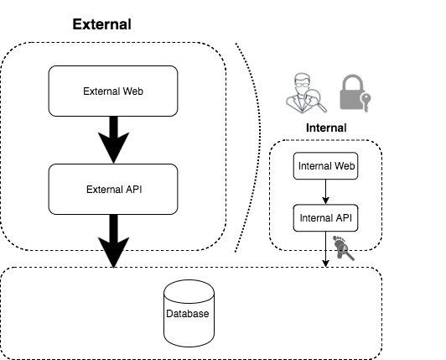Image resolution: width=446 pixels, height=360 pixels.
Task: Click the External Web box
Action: point(112,91)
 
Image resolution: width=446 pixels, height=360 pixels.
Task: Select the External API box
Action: point(112,188)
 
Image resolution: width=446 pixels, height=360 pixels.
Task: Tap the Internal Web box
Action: point(325,166)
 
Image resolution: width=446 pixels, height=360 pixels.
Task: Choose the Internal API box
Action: point(325,218)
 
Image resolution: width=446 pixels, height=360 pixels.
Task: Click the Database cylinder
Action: point(189,314)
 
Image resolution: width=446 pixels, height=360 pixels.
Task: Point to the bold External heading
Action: point(101,24)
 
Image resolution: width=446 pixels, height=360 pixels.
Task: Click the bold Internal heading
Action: point(325,128)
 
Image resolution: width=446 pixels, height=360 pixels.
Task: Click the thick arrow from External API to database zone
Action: point(112,239)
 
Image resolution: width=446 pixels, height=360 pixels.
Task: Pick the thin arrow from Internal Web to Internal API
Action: point(325,192)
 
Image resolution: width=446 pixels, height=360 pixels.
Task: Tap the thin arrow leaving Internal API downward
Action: point(325,250)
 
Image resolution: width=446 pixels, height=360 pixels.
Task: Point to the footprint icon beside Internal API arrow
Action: point(343,248)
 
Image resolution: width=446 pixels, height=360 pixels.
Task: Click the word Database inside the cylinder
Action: point(189,315)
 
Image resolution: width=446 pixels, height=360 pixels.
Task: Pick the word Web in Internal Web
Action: point(344,166)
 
